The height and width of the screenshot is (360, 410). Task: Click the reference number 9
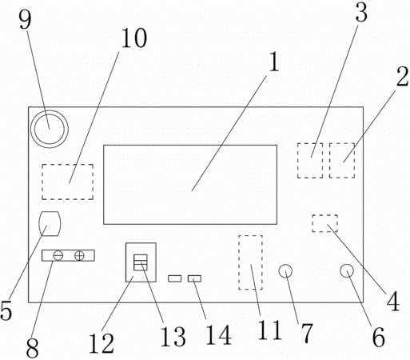tap(25, 20)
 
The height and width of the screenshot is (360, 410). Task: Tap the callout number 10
tap(134, 38)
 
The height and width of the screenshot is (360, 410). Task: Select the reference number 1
tap(274, 62)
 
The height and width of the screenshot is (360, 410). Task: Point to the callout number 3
tap(361, 13)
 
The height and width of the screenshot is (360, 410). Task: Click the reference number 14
tap(218, 335)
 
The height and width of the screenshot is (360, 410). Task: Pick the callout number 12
tap(102, 344)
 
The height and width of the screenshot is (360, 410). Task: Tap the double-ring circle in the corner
tap(50, 129)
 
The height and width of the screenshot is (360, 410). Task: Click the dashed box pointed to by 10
tap(67, 164)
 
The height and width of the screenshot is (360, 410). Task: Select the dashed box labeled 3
tap(310, 143)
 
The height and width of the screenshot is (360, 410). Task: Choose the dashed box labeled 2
tap(342, 143)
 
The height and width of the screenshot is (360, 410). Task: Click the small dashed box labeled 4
tap(325, 215)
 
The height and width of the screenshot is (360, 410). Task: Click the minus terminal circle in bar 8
tap(58, 255)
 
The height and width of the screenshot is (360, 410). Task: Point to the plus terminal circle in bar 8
tap(79, 255)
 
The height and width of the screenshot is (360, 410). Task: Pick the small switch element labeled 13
tap(141, 262)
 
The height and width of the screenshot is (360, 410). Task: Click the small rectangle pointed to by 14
tap(194, 278)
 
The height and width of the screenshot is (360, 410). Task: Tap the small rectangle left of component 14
tap(175, 278)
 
